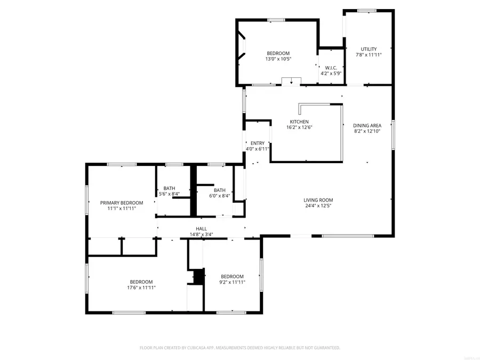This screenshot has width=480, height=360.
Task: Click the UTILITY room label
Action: [x=368, y=49]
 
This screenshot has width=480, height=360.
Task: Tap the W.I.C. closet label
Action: [x=330, y=68]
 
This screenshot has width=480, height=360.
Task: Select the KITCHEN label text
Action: [x=299, y=122]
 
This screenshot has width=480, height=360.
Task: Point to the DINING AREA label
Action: [x=367, y=126]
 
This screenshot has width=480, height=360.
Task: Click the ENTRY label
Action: [x=258, y=143]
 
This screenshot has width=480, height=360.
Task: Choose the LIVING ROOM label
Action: [x=318, y=201]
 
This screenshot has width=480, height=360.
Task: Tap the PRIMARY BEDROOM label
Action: [x=122, y=203]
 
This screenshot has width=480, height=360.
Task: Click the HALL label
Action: [x=201, y=229]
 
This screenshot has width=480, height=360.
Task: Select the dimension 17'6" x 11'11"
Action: [x=141, y=287]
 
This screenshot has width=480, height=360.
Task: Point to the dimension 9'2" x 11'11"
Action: [x=232, y=282]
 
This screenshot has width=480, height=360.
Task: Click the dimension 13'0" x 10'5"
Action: [x=278, y=59]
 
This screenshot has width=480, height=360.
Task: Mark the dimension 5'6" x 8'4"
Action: [x=169, y=194]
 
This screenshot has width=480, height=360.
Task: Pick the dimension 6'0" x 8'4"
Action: [x=220, y=196]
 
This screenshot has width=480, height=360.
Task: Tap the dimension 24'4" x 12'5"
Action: [x=318, y=206]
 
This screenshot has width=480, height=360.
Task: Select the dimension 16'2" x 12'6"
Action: [x=299, y=127]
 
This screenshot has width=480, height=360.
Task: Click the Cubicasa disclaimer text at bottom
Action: [x=239, y=348]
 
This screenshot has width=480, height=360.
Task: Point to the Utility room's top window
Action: [x=367, y=11]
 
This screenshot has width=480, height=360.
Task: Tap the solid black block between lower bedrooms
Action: [x=198, y=277]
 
